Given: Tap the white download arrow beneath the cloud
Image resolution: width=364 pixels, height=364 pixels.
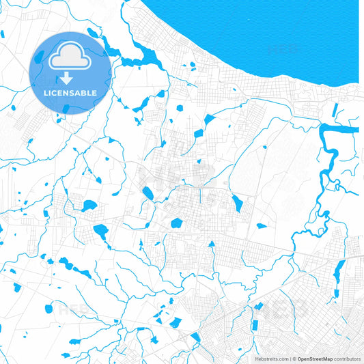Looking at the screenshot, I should [x=66, y=76].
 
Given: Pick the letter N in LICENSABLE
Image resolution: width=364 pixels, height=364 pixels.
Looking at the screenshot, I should [x=64, y=92].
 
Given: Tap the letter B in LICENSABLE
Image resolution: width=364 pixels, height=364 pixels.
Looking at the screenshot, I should [x=83, y=92].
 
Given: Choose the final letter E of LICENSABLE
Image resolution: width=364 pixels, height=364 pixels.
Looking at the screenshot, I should [x=94, y=92].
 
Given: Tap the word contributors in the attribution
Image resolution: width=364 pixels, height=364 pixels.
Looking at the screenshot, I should [x=346, y=359].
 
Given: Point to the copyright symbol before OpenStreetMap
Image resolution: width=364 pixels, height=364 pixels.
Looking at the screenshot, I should [x=295, y=359].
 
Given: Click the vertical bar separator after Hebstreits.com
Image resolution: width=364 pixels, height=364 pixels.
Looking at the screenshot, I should [x=290, y=359].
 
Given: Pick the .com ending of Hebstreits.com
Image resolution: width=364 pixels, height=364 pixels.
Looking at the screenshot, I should [x=283, y=359].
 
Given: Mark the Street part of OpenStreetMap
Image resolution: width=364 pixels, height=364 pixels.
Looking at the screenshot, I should [x=315, y=359].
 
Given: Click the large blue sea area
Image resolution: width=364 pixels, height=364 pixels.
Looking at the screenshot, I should [x=273, y=34].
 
